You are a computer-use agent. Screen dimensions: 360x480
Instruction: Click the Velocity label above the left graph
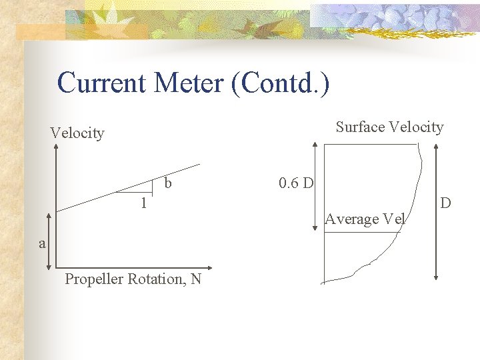(x=77, y=133)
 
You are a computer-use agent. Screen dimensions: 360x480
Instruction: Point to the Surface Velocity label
(x=389, y=127)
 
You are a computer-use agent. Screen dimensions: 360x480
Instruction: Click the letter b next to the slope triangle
(x=168, y=183)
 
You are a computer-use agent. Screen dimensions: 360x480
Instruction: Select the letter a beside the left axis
(x=42, y=243)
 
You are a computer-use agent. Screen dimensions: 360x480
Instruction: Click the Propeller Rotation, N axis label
(x=133, y=279)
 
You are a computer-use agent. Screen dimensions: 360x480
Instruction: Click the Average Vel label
(x=365, y=219)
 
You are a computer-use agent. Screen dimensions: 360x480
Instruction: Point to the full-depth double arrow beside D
(x=435, y=211)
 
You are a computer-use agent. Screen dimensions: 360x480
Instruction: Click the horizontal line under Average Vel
(x=364, y=231)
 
